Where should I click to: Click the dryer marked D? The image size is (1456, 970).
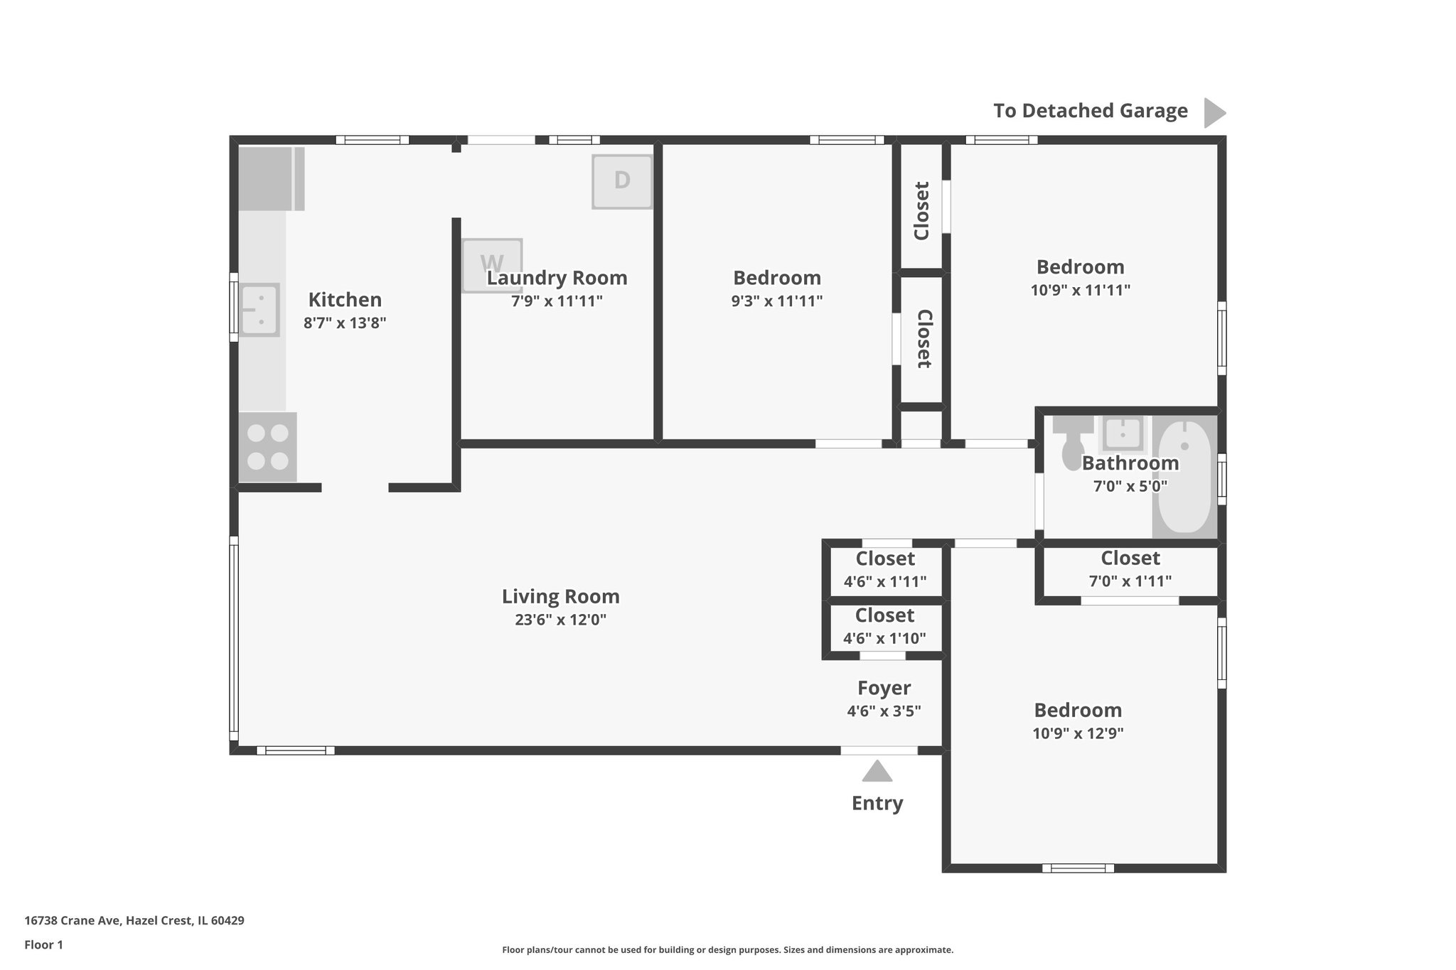pos(622,181)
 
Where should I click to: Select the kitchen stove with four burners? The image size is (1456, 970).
pos(267,447)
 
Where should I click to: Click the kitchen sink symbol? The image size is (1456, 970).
pos(259,310)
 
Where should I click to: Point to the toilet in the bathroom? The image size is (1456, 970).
pos(1072,444)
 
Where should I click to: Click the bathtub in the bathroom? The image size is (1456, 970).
pos(1184,476)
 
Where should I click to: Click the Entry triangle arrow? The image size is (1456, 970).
pos(877,771)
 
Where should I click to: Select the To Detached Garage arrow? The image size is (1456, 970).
pos(1214,112)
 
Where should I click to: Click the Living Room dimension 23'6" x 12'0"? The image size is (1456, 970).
pos(560,620)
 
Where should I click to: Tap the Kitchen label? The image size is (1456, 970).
pos(345,299)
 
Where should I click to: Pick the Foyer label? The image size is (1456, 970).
pos(884,688)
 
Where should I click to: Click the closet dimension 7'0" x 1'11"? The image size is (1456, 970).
pos(1130,581)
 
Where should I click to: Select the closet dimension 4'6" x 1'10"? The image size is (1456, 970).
pos(884,638)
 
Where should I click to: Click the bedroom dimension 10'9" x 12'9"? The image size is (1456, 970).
pos(1078,733)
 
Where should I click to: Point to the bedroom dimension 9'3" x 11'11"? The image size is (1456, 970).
pos(776,301)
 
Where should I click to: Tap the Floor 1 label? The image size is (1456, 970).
pos(43,944)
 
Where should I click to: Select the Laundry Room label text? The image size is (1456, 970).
pos(557,278)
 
